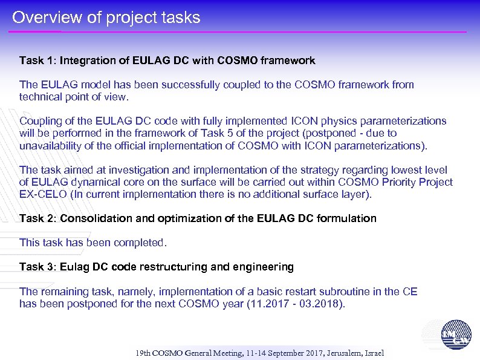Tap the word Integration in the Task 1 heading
click(x=88, y=61)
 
